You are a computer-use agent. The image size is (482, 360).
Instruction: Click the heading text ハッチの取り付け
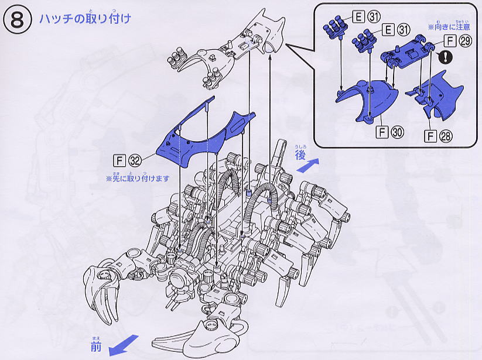85,18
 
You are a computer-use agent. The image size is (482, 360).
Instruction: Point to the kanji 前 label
97,346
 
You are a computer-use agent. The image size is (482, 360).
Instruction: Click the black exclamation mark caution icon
447,57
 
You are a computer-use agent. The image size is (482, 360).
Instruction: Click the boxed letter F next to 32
122,159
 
